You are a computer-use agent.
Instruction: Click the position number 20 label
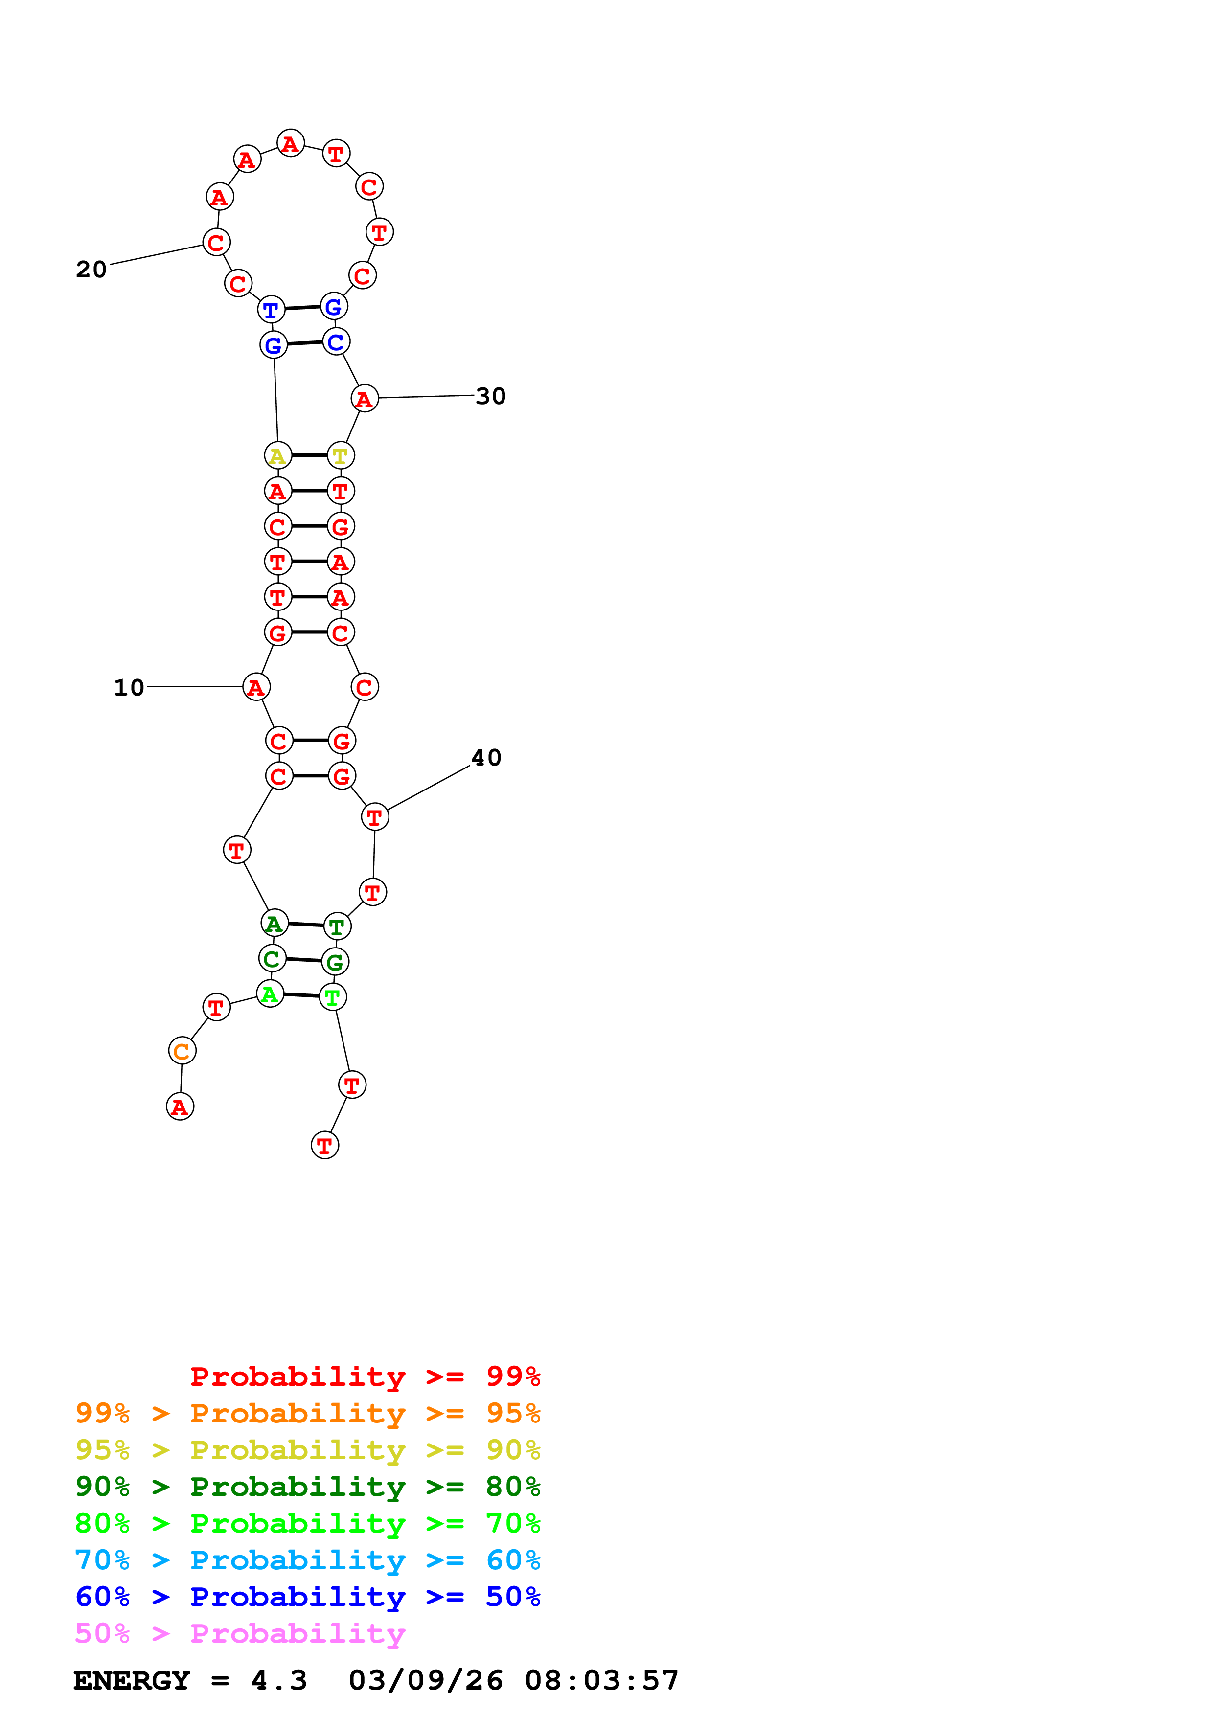pos(91,269)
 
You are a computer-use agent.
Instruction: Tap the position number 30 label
pos(490,396)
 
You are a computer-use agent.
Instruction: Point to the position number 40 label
pos(486,758)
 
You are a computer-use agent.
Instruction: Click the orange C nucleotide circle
pos(182,1051)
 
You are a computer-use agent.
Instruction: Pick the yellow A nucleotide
pos(277,455)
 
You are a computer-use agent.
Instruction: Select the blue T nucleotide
pos(271,310)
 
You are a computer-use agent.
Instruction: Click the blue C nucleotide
pos(336,341)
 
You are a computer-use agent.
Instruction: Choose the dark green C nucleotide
pos(272,958)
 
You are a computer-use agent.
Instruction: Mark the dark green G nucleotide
pos(335,962)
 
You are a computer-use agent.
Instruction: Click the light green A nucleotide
pos(270,994)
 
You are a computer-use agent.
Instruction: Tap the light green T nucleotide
pos(333,997)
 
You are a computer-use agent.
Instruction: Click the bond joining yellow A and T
pos(309,455)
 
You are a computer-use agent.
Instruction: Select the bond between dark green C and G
pos(303,960)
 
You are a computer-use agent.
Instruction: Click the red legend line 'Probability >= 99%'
pos(365,1377)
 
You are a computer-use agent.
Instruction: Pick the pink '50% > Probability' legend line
pos(240,1634)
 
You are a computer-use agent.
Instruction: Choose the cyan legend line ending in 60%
pos(307,1560)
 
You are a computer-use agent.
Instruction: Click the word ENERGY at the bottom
pos(132,1681)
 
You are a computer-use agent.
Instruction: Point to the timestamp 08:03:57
pos(602,1681)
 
